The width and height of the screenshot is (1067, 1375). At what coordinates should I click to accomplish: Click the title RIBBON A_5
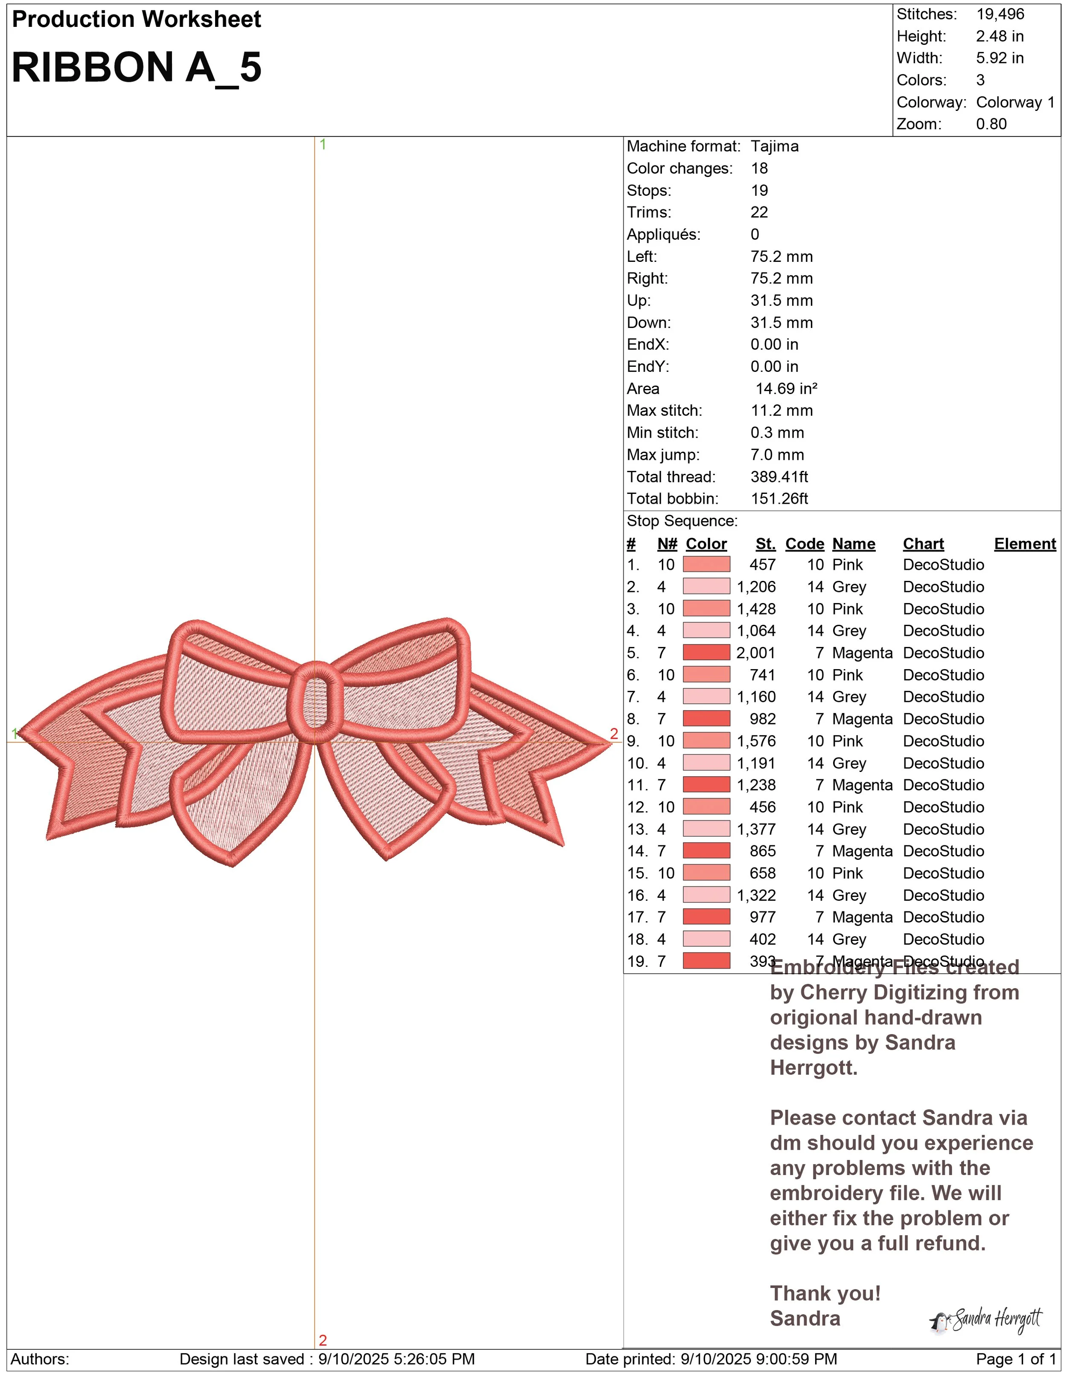tap(136, 67)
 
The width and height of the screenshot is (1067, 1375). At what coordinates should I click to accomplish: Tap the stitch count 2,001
tap(756, 653)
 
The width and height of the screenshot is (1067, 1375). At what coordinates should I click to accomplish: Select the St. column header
tap(765, 544)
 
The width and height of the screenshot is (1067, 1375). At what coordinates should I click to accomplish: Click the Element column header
tap(1024, 544)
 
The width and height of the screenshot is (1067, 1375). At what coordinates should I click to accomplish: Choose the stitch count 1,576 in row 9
tap(756, 741)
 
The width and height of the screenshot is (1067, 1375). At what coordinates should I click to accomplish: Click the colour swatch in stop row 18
tap(706, 939)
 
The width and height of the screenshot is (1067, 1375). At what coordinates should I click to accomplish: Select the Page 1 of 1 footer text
tap(1015, 1359)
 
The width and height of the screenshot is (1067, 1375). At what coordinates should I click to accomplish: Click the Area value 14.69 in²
tap(786, 389)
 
